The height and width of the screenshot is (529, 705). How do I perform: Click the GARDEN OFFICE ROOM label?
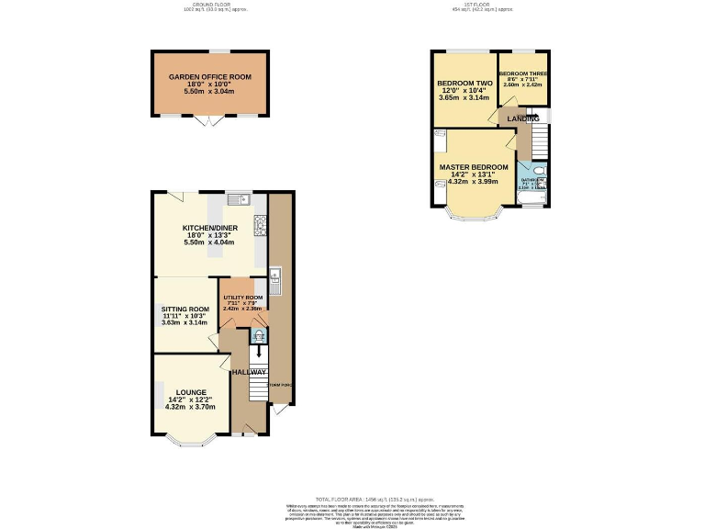pos(209,77)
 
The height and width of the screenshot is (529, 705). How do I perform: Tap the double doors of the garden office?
pos(209,120)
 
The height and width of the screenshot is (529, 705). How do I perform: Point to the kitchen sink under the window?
pos(234,197)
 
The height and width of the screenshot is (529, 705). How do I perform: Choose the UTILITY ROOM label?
pos(243,298)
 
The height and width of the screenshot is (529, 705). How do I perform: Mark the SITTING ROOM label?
pos(185,309)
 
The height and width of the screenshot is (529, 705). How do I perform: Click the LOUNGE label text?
pos(191,392)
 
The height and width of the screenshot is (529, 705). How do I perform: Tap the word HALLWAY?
pos(248,372)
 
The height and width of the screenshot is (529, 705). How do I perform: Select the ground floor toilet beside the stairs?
pos(258,335)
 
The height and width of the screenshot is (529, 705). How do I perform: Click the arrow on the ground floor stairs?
pos(259,352)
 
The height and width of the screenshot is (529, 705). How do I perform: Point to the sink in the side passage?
pos(274,274)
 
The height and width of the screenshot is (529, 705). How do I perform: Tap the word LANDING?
pos(522,118)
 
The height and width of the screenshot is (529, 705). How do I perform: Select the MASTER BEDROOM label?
pos(473,167)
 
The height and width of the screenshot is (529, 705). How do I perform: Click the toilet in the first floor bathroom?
pos(539,170)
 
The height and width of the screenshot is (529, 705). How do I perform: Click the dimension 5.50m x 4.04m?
pos(208,242)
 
